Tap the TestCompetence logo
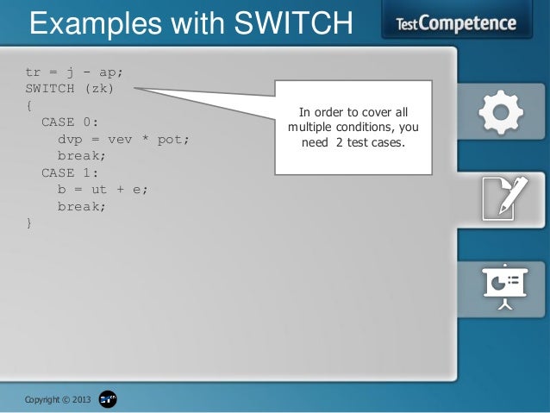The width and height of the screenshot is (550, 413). pyautogui.click(x=456, y=23)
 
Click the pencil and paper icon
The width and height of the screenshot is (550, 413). pyautogui.click(x=502, y=197)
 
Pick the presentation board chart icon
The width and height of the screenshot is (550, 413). pyautogui.click(x=503, y=285)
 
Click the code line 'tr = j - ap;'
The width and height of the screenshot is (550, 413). pyautogui.click(x=80, y=72)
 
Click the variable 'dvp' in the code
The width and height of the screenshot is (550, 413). pyautogui.click(x=69, y=139)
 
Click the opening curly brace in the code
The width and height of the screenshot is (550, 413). pyautogui.click(x=29, y=105)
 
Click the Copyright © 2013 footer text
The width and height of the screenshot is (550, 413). pyautogui.click(x=57, y=399)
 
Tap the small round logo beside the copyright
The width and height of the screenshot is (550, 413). pyautogui.click(x=108, y=399)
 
